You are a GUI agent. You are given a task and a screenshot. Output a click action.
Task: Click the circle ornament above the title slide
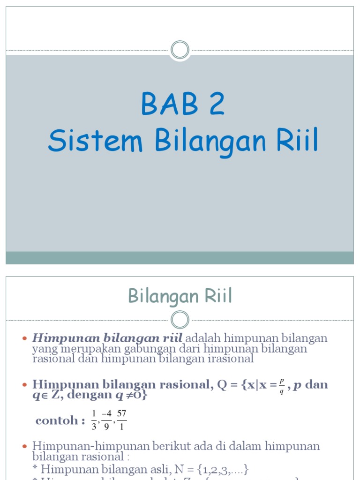click(x=180, y=50)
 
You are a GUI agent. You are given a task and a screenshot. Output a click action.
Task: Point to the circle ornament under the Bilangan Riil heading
click(x=180, y=320)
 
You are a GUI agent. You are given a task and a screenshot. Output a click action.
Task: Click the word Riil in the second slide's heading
click(x=217, y=296)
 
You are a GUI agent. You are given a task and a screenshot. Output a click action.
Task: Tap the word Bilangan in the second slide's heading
click(x=163, y=297)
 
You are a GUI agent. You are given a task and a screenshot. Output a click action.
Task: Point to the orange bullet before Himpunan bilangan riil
click(x=25, y=338)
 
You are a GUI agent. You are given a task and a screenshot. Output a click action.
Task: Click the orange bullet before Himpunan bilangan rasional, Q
click(x=25, y=385)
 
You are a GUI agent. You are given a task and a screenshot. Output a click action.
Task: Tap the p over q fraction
click(x=281, y=385)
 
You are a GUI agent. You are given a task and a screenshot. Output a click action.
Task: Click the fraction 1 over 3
click(x=94, y=420)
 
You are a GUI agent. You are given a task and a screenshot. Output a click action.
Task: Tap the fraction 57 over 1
click(x=122, y=420)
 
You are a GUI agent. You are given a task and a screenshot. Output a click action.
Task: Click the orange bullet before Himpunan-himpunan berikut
click(x=25, y=446)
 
